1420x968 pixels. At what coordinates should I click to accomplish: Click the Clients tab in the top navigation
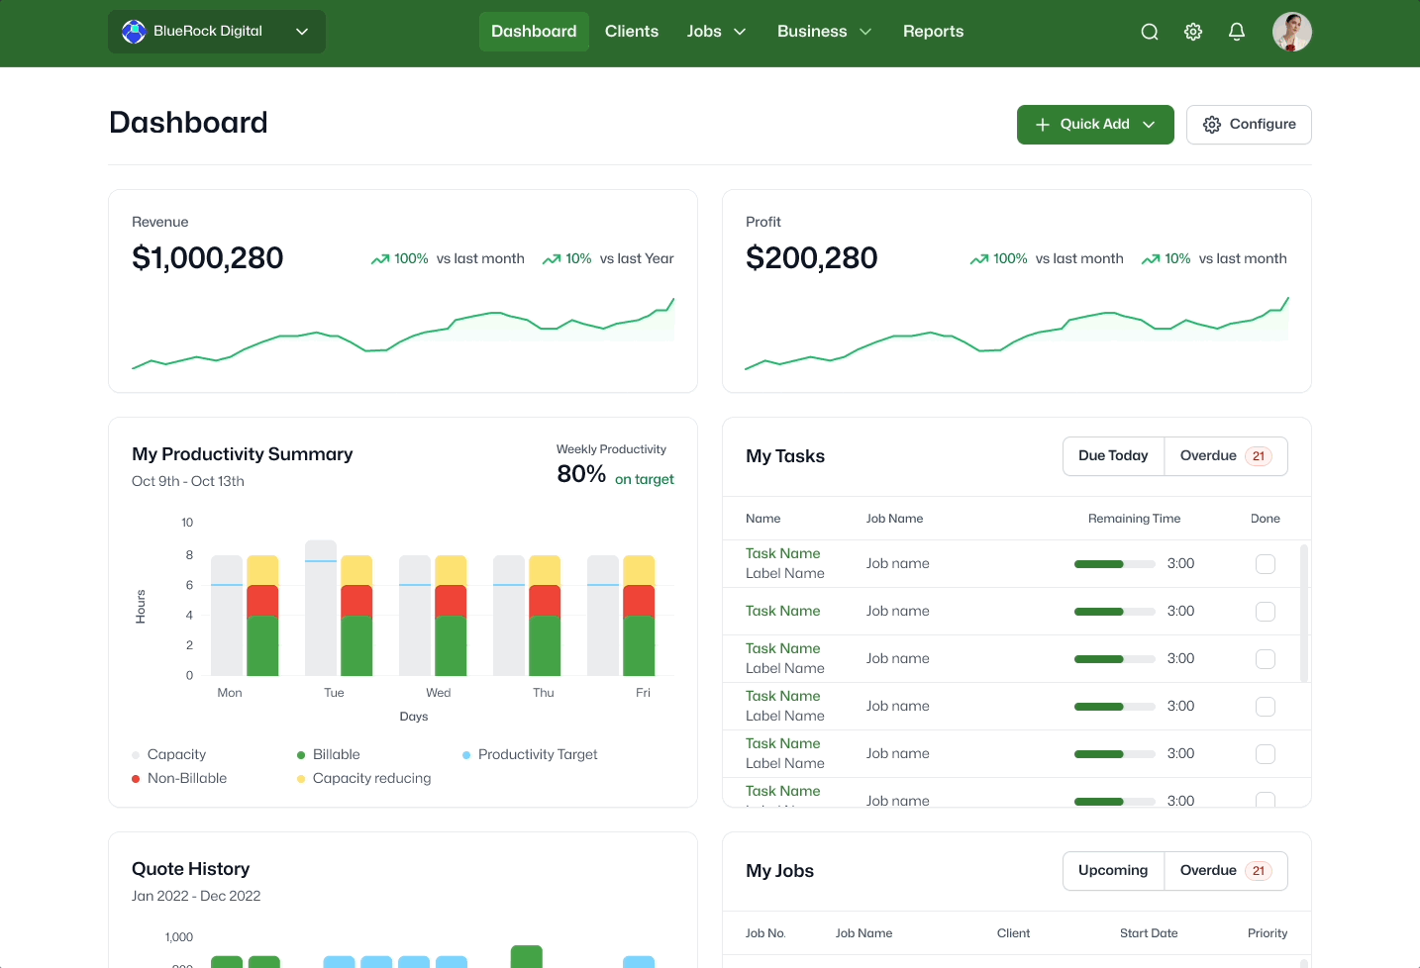tap(632, 31)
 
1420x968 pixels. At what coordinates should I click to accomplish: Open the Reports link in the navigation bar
tap(933, 31)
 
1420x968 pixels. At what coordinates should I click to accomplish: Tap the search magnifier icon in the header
tap(1150, 32)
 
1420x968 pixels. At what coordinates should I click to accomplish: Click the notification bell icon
tap(1236, 32)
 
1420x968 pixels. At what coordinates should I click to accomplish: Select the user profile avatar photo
tap(1291, 32)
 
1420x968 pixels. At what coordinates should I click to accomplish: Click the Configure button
tap(1249, 124)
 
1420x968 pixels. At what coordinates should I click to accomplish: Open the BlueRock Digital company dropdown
tap(217, 31)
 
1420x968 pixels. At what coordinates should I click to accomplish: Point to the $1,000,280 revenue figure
tap(207, 258)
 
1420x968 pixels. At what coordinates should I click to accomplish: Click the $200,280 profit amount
tap(811, 258)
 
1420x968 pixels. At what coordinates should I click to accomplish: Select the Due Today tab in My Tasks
tap(1113, 455)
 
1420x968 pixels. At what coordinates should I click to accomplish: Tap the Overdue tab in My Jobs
tap(1225, 870)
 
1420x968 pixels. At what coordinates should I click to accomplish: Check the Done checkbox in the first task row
tap(1266, 564)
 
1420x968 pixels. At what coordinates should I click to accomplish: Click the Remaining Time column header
tap(1134, 519)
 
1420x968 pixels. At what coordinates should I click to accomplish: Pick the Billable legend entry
tap(329, 754)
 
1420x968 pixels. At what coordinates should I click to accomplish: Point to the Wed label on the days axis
tap(438, 693)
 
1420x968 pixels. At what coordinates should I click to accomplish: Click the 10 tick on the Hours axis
tap(187, 523)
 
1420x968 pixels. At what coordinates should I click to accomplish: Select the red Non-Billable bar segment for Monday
tap(262, 601)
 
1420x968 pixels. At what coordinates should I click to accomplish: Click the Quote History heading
tap(191, 869)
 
